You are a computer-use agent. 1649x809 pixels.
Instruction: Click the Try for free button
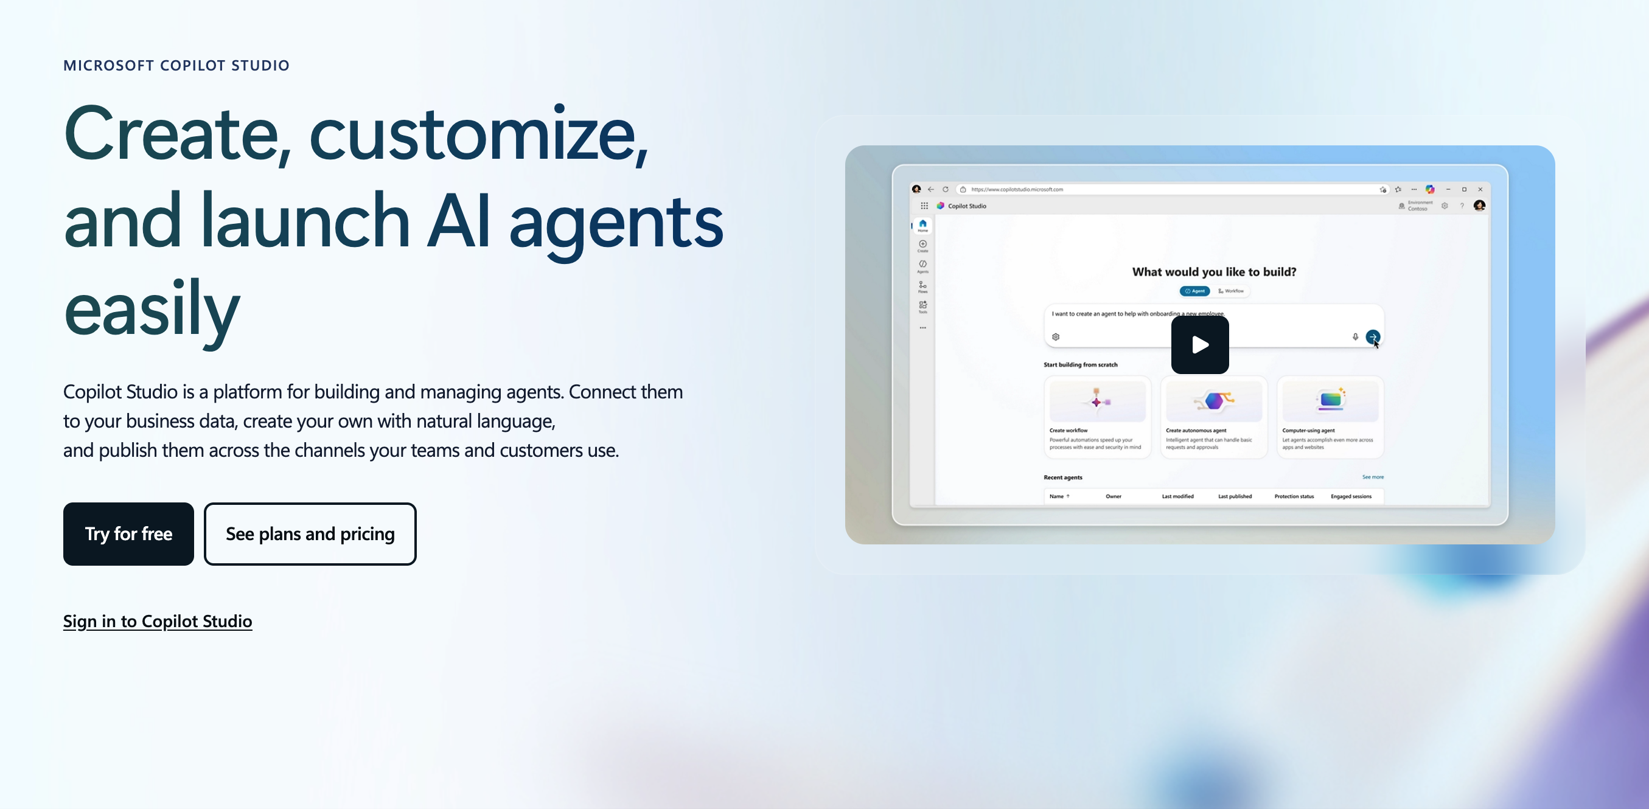(x=128, y=534)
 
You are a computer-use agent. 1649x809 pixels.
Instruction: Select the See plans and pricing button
(x=310, y=534)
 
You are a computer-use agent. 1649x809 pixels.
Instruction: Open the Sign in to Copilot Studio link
(x=158, y=621)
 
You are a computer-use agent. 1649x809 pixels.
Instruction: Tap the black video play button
(x=1199, y=345)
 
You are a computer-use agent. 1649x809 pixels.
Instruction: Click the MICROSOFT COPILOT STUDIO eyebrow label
(x=176, y=65)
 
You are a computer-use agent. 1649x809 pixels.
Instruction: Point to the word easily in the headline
(x=152, y=310)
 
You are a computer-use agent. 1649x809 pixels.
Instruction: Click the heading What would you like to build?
(x=1214, y=272)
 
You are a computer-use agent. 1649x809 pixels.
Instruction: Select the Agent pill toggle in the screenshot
(x=1194, y=291)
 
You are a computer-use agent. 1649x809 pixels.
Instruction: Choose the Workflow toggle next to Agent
(x=1231, y=291)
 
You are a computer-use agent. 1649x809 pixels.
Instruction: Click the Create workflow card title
(x=1069, y=431)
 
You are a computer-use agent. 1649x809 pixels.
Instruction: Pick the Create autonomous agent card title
(x=1196, y=431)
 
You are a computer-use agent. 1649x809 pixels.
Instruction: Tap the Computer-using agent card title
(x=1308, y=431)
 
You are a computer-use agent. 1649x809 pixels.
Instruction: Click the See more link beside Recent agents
(x=1373, y=477)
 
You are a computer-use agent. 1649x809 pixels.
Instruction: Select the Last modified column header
(x=1177, y=497)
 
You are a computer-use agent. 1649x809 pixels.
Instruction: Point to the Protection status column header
(x=1294, y=497)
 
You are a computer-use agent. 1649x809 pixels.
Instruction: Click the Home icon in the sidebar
(x=922, y=224)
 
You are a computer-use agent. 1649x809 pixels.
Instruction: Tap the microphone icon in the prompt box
(x=1355, y=336)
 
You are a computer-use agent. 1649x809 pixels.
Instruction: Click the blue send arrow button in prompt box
(x=1373, y=336)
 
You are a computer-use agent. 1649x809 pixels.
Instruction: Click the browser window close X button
(x=1480, y=189)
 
